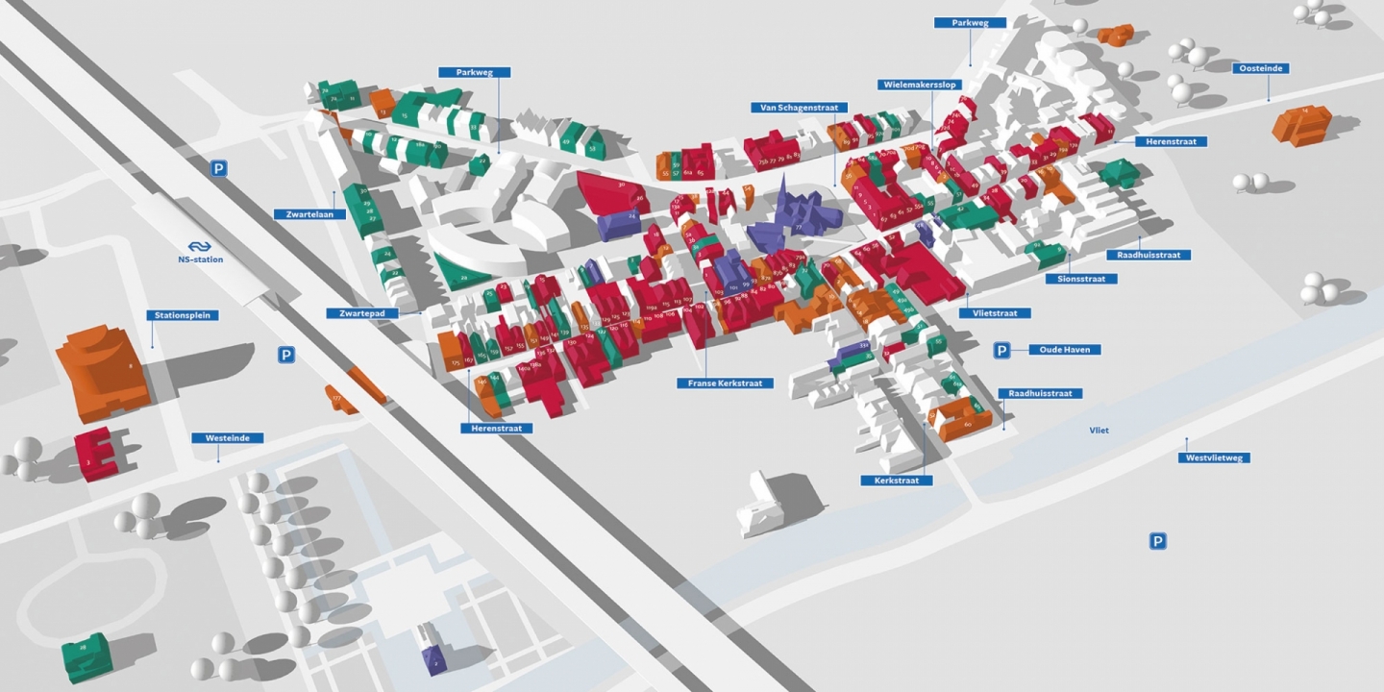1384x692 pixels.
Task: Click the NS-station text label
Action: pos(200,259)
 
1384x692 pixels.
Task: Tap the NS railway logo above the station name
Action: pos(200,246)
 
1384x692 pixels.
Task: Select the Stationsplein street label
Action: pos(183,315)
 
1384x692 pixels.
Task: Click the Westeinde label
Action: pos(228,438)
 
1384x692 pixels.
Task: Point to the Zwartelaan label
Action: pos(309,214)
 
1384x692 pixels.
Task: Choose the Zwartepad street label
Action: pos(361,313)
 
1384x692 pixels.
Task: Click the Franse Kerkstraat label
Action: pos(726,383)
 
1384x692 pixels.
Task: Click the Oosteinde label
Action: pos(1261,68)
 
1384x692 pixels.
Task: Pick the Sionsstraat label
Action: pos(1081,279)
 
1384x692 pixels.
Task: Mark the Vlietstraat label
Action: pos(995,313)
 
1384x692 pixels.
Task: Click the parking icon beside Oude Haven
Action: pos(1001,351)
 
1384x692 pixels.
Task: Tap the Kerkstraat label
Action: pos(897,480)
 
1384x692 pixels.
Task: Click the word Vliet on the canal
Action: pos(1099,431)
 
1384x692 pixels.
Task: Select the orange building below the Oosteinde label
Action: pos(1301,125)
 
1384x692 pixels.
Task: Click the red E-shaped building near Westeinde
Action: pos(96,452)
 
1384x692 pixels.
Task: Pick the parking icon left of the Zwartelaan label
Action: pos(219,169)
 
